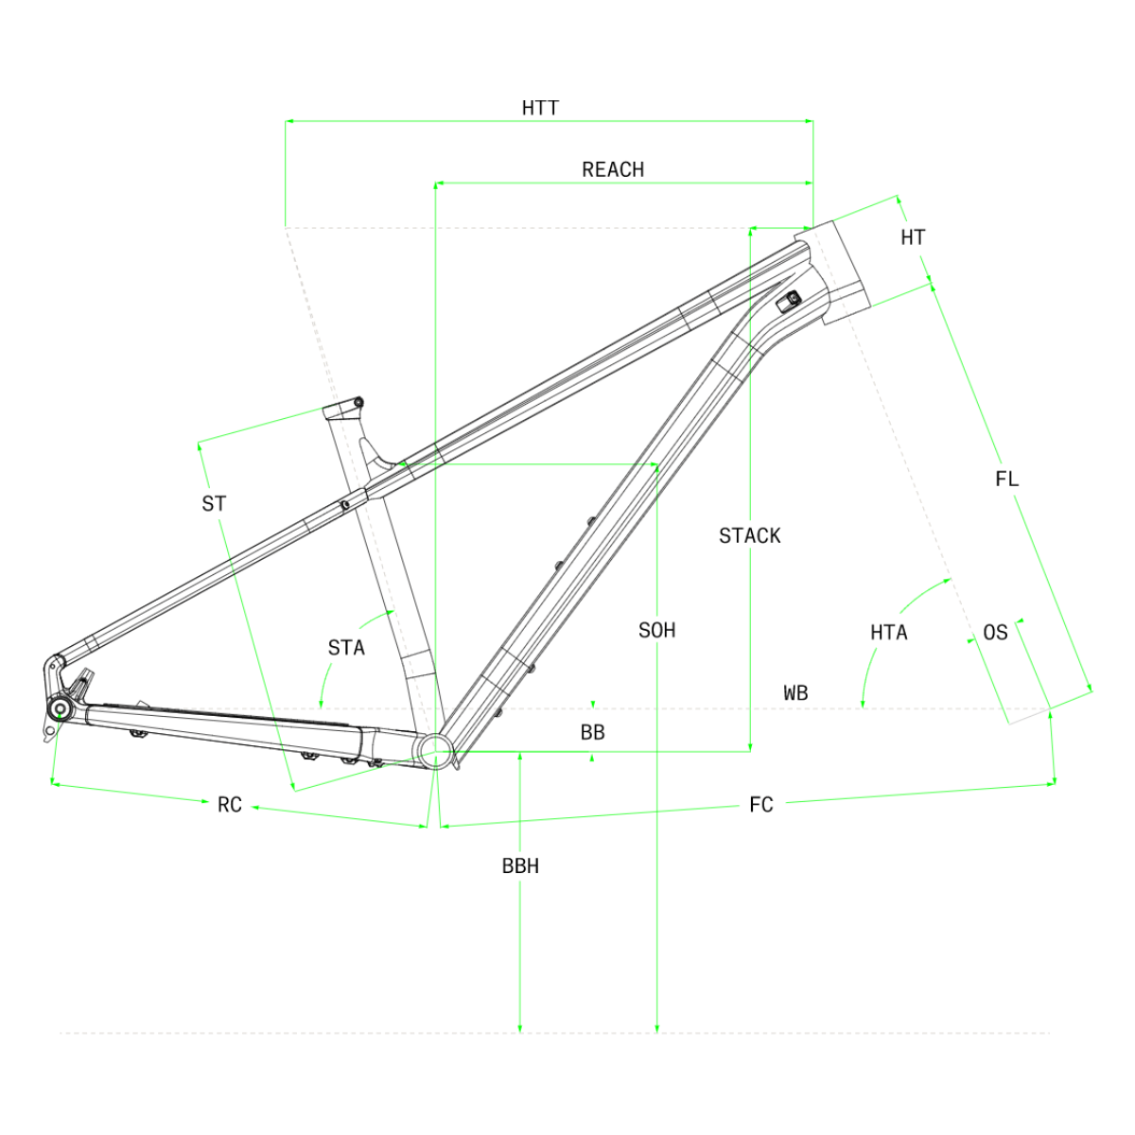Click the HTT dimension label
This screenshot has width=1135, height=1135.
click(x=540, y=108)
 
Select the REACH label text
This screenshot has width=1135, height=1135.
click(x=613, y=169)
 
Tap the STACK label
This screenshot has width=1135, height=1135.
click(x=749, y=535)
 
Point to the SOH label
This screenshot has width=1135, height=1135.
click(x=656, y=630)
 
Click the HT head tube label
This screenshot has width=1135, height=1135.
click(x=913, y=237)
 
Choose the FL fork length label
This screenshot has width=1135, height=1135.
click(x=1006, y=479)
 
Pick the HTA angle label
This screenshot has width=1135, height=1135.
click(x=889, y=633)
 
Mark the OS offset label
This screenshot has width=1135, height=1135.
click(x=995, y=633)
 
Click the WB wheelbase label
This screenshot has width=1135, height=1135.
click(x=795, y=692)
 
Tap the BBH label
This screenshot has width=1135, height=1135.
click(x=520, y=865)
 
